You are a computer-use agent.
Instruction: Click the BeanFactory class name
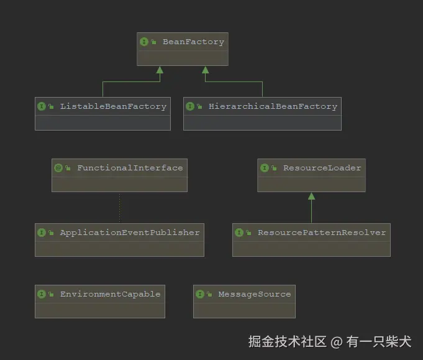coord(193,42)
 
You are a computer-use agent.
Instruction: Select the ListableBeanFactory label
coord(113,106)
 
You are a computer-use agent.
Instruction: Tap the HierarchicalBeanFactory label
coord(273,106)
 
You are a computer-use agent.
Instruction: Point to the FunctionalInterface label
coord(130,168)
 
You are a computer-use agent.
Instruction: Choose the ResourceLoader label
coord(322,168)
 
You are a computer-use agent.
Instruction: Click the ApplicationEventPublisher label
coord(130,233)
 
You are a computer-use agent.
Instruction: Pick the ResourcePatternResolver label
coord(322,233)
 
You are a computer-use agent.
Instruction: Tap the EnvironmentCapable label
coord(110,294)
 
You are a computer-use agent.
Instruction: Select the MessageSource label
coord(254,294)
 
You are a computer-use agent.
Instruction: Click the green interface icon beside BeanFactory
coord(144,42)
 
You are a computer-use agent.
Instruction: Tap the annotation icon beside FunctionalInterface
coord(58,168)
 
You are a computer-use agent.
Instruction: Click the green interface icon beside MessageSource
coord(200,294)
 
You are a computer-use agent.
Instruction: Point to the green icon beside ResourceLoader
coord(265,168)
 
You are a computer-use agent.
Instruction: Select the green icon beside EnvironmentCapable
coord(42,294)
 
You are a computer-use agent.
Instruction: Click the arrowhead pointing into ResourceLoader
coord(312,196)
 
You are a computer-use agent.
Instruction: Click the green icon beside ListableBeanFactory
coord(42,106)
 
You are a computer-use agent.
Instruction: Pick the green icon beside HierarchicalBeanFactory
coord(190,106)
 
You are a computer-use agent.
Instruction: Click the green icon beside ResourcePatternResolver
coord(239,233)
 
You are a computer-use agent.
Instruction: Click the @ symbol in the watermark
coord(336,342)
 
